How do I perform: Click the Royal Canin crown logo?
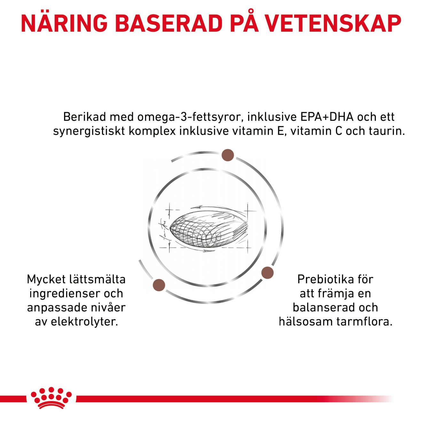51,401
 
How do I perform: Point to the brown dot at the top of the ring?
228,155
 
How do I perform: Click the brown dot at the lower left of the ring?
159,285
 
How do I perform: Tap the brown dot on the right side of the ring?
267,273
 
